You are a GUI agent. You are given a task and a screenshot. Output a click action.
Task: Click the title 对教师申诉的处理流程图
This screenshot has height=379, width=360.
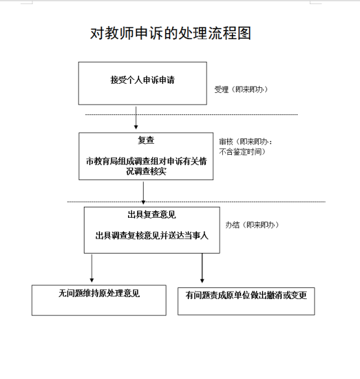tap(170, 33)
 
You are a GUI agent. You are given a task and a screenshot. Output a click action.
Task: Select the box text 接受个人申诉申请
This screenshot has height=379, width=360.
tap(142, 80)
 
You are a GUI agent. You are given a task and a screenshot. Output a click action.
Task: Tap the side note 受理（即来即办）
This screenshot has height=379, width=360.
tap(241, 90)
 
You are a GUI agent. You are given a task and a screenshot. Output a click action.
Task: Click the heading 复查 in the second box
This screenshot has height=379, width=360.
tap(146, 140)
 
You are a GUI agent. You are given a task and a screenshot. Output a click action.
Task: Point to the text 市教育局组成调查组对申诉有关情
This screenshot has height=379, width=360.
tap(146, 161)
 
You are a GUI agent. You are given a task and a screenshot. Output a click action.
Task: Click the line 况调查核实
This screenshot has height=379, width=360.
tap(146, 171)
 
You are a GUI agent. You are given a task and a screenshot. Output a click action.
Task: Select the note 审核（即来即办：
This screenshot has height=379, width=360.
tap(246, 142)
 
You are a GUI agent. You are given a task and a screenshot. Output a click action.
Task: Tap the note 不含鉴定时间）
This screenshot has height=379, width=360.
tap(242, 151)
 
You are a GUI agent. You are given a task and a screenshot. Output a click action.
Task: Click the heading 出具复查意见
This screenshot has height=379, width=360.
tap(151, 215)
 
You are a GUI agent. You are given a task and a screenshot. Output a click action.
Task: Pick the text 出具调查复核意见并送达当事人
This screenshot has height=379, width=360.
tap(151, 235)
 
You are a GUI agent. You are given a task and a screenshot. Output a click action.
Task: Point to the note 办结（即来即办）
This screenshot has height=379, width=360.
tap(252, 225)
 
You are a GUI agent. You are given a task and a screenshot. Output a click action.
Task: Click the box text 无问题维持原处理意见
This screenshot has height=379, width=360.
tap(99, 293)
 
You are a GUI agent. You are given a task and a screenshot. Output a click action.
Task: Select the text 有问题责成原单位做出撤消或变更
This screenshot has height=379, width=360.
tap(246, 295)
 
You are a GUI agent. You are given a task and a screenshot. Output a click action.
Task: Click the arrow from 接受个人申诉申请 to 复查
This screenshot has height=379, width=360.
tap(136, 118)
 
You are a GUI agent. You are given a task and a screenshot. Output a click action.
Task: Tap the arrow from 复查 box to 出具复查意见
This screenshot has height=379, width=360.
tap(143, 193)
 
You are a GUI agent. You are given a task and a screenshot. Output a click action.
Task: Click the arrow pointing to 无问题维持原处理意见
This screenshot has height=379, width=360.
tap(92, 268)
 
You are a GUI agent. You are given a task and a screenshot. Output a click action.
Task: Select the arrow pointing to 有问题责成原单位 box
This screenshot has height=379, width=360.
tap(202, 268)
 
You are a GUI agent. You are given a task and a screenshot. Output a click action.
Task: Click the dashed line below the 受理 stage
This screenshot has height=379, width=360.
tap(191, 114)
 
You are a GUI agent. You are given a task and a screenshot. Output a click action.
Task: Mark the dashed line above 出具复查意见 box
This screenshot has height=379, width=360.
tap(196, 202)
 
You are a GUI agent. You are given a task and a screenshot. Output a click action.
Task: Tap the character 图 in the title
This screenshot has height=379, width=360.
tap(244, 33)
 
